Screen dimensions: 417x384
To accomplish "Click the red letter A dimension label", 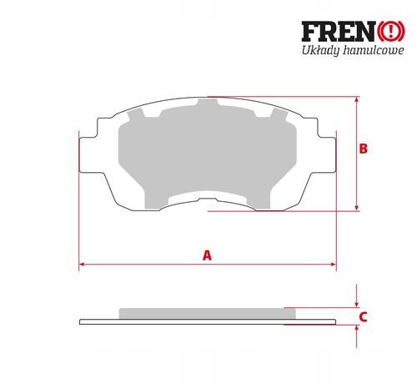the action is (x=207, y=255).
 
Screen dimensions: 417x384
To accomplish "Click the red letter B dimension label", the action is (x=364, y=149).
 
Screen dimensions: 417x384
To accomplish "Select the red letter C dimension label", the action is (x=364, y=317).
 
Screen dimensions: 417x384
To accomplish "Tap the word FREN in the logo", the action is (x=339, y=32).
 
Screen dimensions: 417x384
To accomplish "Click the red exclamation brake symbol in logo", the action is (x=390, y=32).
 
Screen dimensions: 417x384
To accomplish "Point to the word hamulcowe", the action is (x=374, y=51).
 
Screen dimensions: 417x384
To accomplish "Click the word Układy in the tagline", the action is (x=321, y=51).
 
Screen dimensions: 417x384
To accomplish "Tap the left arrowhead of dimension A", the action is (x=82, y=264).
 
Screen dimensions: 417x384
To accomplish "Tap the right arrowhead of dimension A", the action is (x=334, y=264).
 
